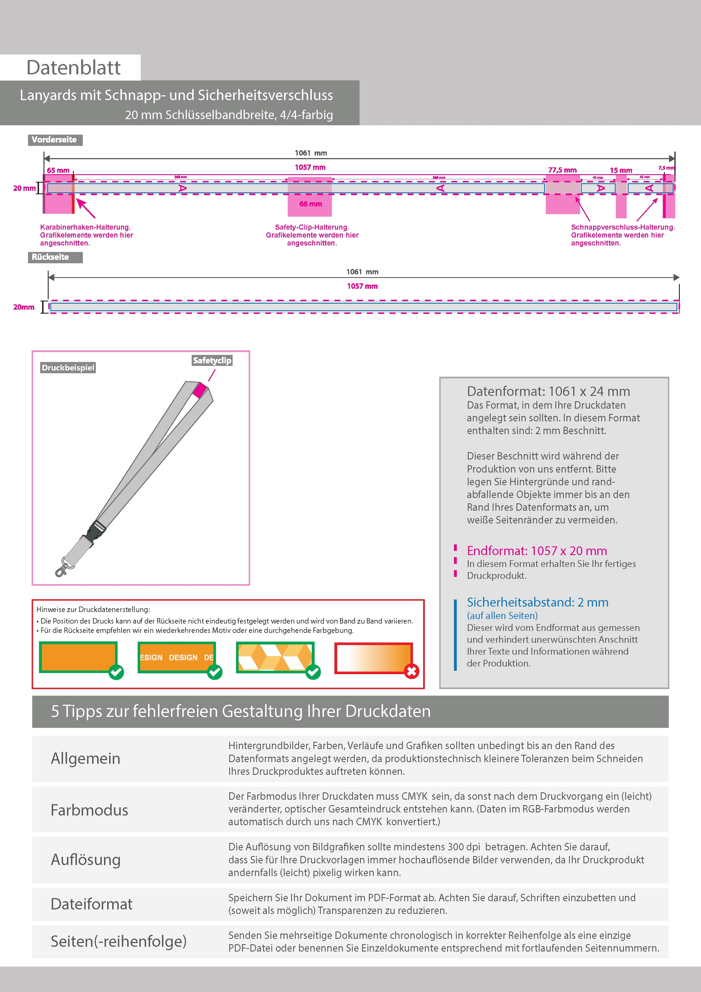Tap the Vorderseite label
55,140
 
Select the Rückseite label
51,257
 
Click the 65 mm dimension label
58,170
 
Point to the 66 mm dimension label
310,204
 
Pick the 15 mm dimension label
621,170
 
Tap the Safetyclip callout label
212,360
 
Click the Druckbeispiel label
68,368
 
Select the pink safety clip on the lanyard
200,390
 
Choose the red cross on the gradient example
411,671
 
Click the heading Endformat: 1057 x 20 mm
536,551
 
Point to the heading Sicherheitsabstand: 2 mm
537,602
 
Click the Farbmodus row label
89,810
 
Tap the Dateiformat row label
92,904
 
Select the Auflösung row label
86,860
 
